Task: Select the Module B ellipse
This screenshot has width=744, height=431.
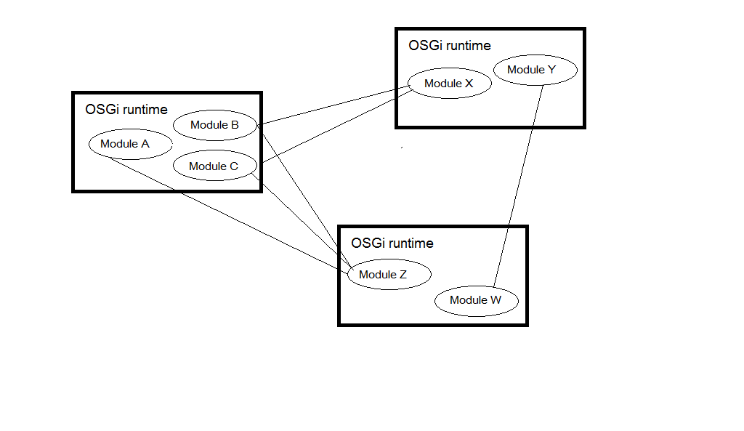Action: tap(215, 125)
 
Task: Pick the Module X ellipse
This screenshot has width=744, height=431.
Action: tap(449, 84)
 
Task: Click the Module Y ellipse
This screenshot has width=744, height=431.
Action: tap(535, 70)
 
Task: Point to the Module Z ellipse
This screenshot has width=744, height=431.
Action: tap(389, 275)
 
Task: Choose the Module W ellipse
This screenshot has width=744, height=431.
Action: tap(476, 300)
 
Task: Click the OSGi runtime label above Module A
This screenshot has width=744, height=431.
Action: tap(126, 110)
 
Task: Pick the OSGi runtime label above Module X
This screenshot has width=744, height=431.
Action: tap(450, 45)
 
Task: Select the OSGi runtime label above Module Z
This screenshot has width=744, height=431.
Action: tap(392, 243)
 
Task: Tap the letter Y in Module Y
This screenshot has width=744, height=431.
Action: tap(551, 70)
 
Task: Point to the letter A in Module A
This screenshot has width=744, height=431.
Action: tap(145, 144)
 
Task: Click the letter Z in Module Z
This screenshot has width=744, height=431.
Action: tap(403, 275)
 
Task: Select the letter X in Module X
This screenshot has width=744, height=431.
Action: tap(469, 84)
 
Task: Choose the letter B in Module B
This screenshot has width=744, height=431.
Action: tap(235, 125)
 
